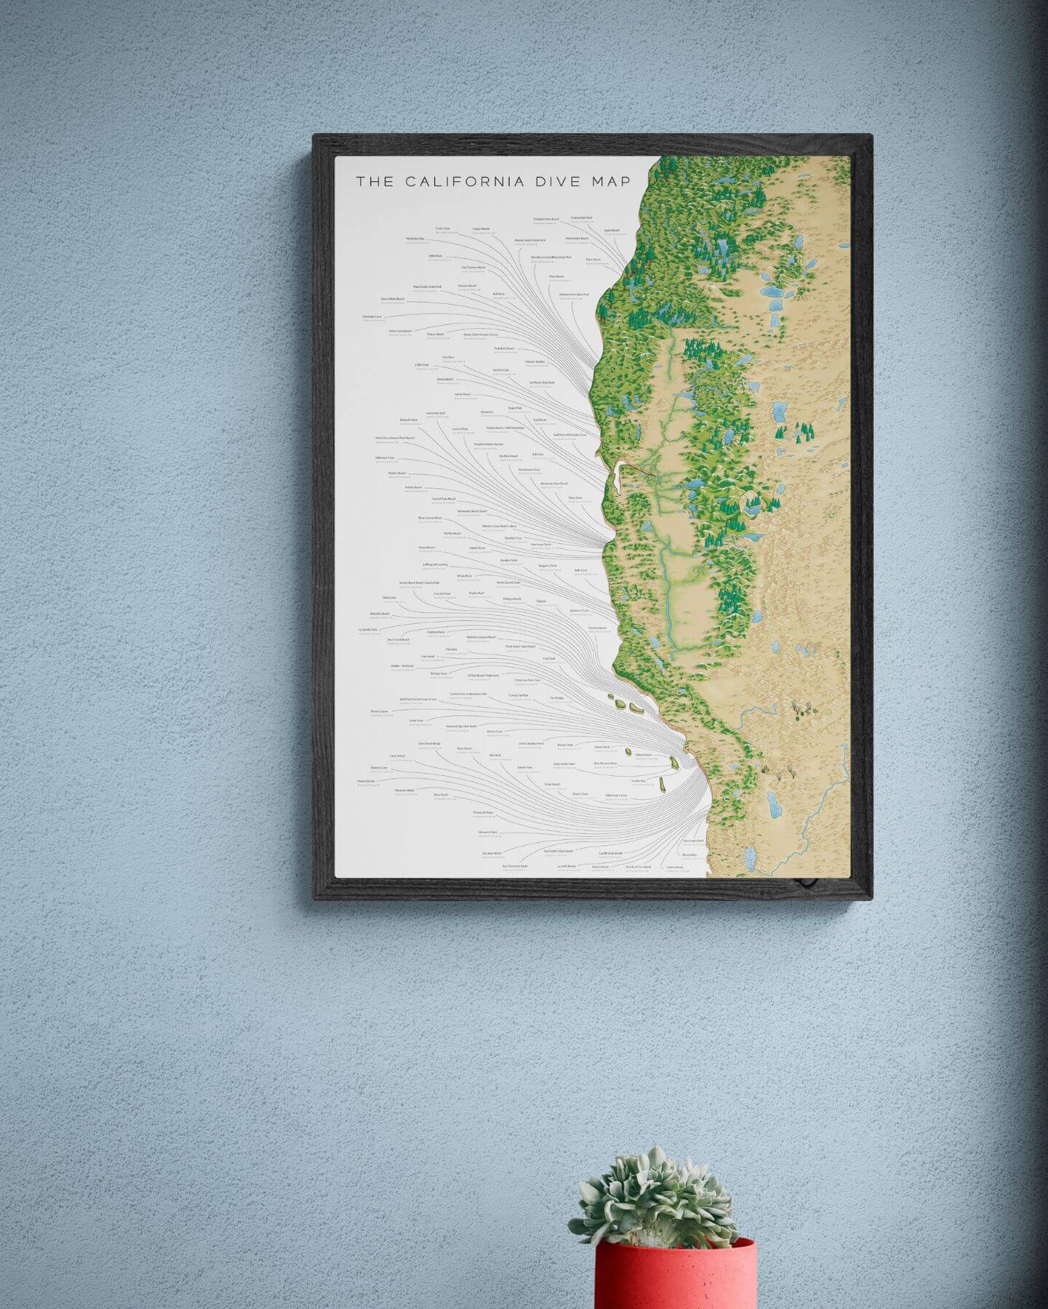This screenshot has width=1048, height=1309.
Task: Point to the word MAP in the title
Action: point(613,182)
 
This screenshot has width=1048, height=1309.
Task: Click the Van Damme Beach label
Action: point(473,268)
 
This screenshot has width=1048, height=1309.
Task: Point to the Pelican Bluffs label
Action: point(436,335)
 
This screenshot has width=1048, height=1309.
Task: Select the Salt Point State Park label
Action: point(542,382)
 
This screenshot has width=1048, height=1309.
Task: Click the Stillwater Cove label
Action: point(385,457)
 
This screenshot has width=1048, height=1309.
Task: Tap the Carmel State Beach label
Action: point(443,499)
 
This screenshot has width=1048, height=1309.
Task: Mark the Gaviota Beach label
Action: point(597,628)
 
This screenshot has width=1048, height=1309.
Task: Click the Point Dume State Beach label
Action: point(520,646)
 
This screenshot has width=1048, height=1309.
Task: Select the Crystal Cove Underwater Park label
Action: point(468,694)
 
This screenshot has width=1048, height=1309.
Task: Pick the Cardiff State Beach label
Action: point(610,853)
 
